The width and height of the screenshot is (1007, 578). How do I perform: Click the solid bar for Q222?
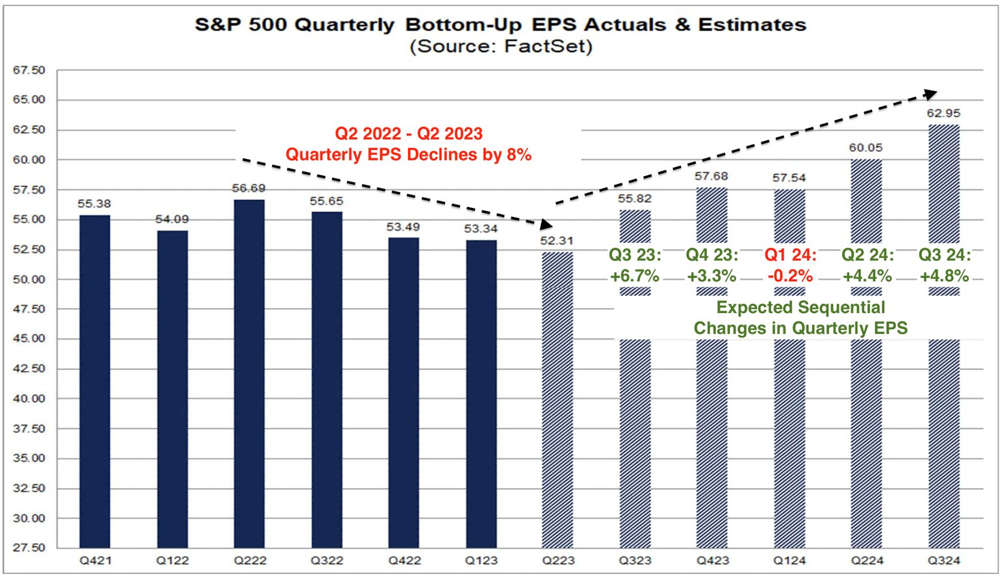(249, 373)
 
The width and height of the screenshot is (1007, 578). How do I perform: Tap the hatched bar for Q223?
(558, 399)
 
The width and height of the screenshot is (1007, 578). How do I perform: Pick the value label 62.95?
(943, 114)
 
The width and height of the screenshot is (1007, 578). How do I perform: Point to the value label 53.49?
(403, 227)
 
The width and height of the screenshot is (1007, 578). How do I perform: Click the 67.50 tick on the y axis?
(29, 70)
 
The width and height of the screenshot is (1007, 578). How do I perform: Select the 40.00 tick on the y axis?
(29, 399)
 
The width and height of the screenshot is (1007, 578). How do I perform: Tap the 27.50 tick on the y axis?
(29, 547)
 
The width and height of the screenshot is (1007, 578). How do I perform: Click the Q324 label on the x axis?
(944, 560)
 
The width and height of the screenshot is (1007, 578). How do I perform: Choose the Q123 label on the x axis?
(481, 560)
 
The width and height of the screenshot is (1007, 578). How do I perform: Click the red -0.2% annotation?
(790, 275)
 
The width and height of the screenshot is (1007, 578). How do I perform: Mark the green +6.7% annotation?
(635, 275)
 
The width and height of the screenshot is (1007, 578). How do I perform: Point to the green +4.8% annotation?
(944, 275)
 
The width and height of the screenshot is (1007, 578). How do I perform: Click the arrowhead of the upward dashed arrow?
(931, 94)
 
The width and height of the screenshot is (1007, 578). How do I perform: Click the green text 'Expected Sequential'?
(800, 307)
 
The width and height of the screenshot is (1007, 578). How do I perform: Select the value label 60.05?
(866, 148)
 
